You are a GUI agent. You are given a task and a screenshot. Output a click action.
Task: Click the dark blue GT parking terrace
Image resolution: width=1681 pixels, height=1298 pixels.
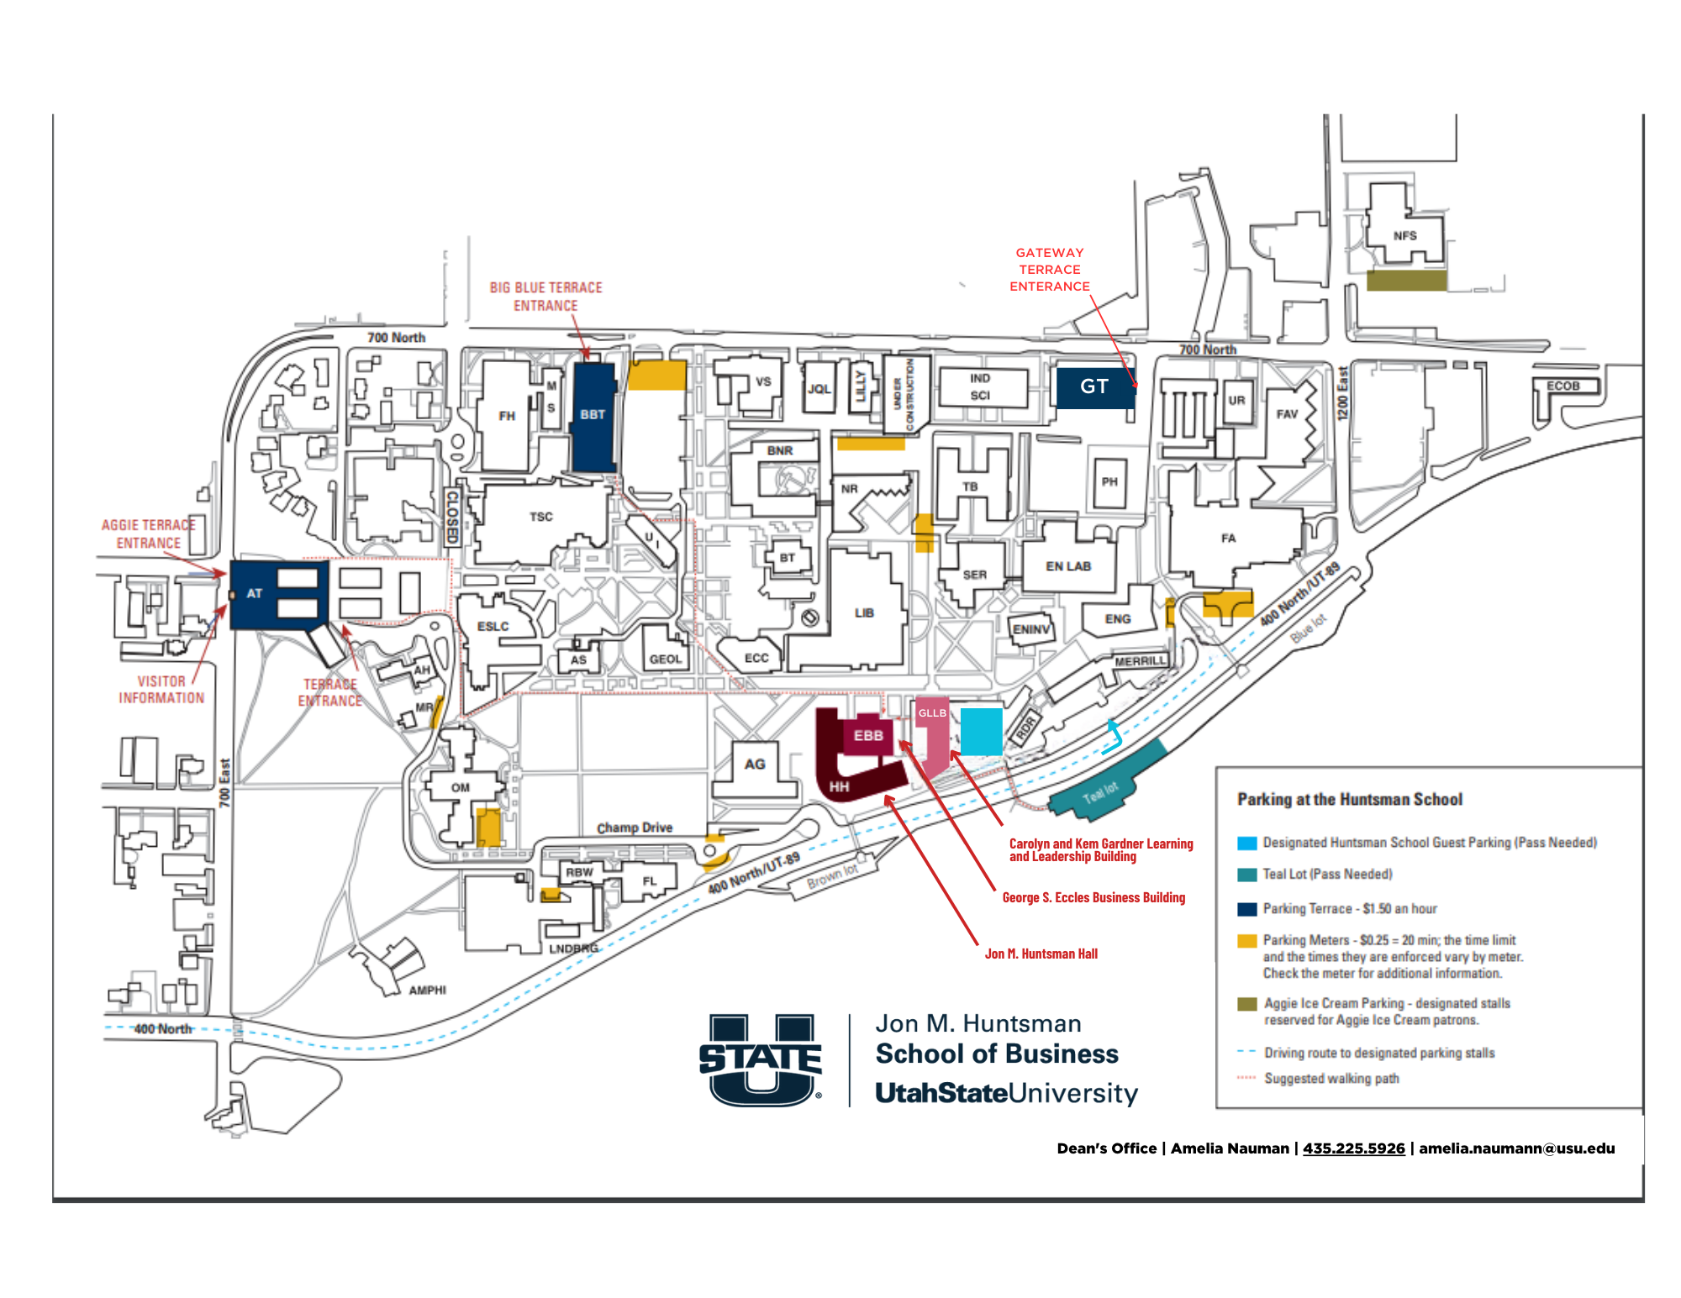pos(1093,387)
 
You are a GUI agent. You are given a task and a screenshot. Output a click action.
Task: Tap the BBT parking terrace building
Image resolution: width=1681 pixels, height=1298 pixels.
pos(593,415)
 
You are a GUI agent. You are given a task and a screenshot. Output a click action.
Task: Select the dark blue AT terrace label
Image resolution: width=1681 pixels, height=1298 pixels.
pos(255,594)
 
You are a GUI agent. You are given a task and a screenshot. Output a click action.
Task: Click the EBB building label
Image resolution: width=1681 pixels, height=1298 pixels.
pos(868,736)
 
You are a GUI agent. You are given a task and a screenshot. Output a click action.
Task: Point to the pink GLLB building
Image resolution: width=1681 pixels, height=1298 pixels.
pos(932,731)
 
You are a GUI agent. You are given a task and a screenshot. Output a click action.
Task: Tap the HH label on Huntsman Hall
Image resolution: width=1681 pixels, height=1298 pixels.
pos(839,787)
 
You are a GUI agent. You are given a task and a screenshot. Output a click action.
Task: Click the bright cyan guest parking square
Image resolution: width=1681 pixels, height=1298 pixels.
pos(981,731)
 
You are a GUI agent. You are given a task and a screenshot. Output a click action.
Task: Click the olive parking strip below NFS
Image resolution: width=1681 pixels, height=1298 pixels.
pos(1406,281)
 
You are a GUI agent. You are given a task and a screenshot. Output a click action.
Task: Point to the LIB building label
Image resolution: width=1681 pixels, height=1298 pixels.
pos(864,613)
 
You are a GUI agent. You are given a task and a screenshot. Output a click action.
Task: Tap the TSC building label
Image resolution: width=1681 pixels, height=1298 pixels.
pos(541,517)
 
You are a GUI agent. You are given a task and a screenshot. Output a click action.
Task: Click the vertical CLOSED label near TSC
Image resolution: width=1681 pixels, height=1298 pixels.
pos(452,517)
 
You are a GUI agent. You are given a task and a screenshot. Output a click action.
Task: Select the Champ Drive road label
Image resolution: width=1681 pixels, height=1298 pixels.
pos(635,828)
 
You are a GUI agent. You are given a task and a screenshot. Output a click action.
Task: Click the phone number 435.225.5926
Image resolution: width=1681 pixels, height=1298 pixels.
pos(1353,1148)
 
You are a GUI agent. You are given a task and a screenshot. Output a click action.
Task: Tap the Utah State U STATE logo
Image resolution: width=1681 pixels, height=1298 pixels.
pos(761,1060)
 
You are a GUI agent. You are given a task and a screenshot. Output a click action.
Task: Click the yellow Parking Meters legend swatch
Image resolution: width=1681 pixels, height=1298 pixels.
pos(1247,941)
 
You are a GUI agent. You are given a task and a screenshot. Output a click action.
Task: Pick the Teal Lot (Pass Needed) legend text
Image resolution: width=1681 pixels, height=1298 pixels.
pos(1327,875)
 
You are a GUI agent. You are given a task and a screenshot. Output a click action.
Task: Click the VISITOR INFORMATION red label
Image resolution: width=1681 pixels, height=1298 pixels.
pos(161,690)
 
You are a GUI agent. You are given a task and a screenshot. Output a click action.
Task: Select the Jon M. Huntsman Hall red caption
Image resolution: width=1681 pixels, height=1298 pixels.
pos(1041,954)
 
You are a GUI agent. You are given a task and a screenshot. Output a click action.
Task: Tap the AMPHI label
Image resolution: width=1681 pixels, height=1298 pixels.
pos(427,991)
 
